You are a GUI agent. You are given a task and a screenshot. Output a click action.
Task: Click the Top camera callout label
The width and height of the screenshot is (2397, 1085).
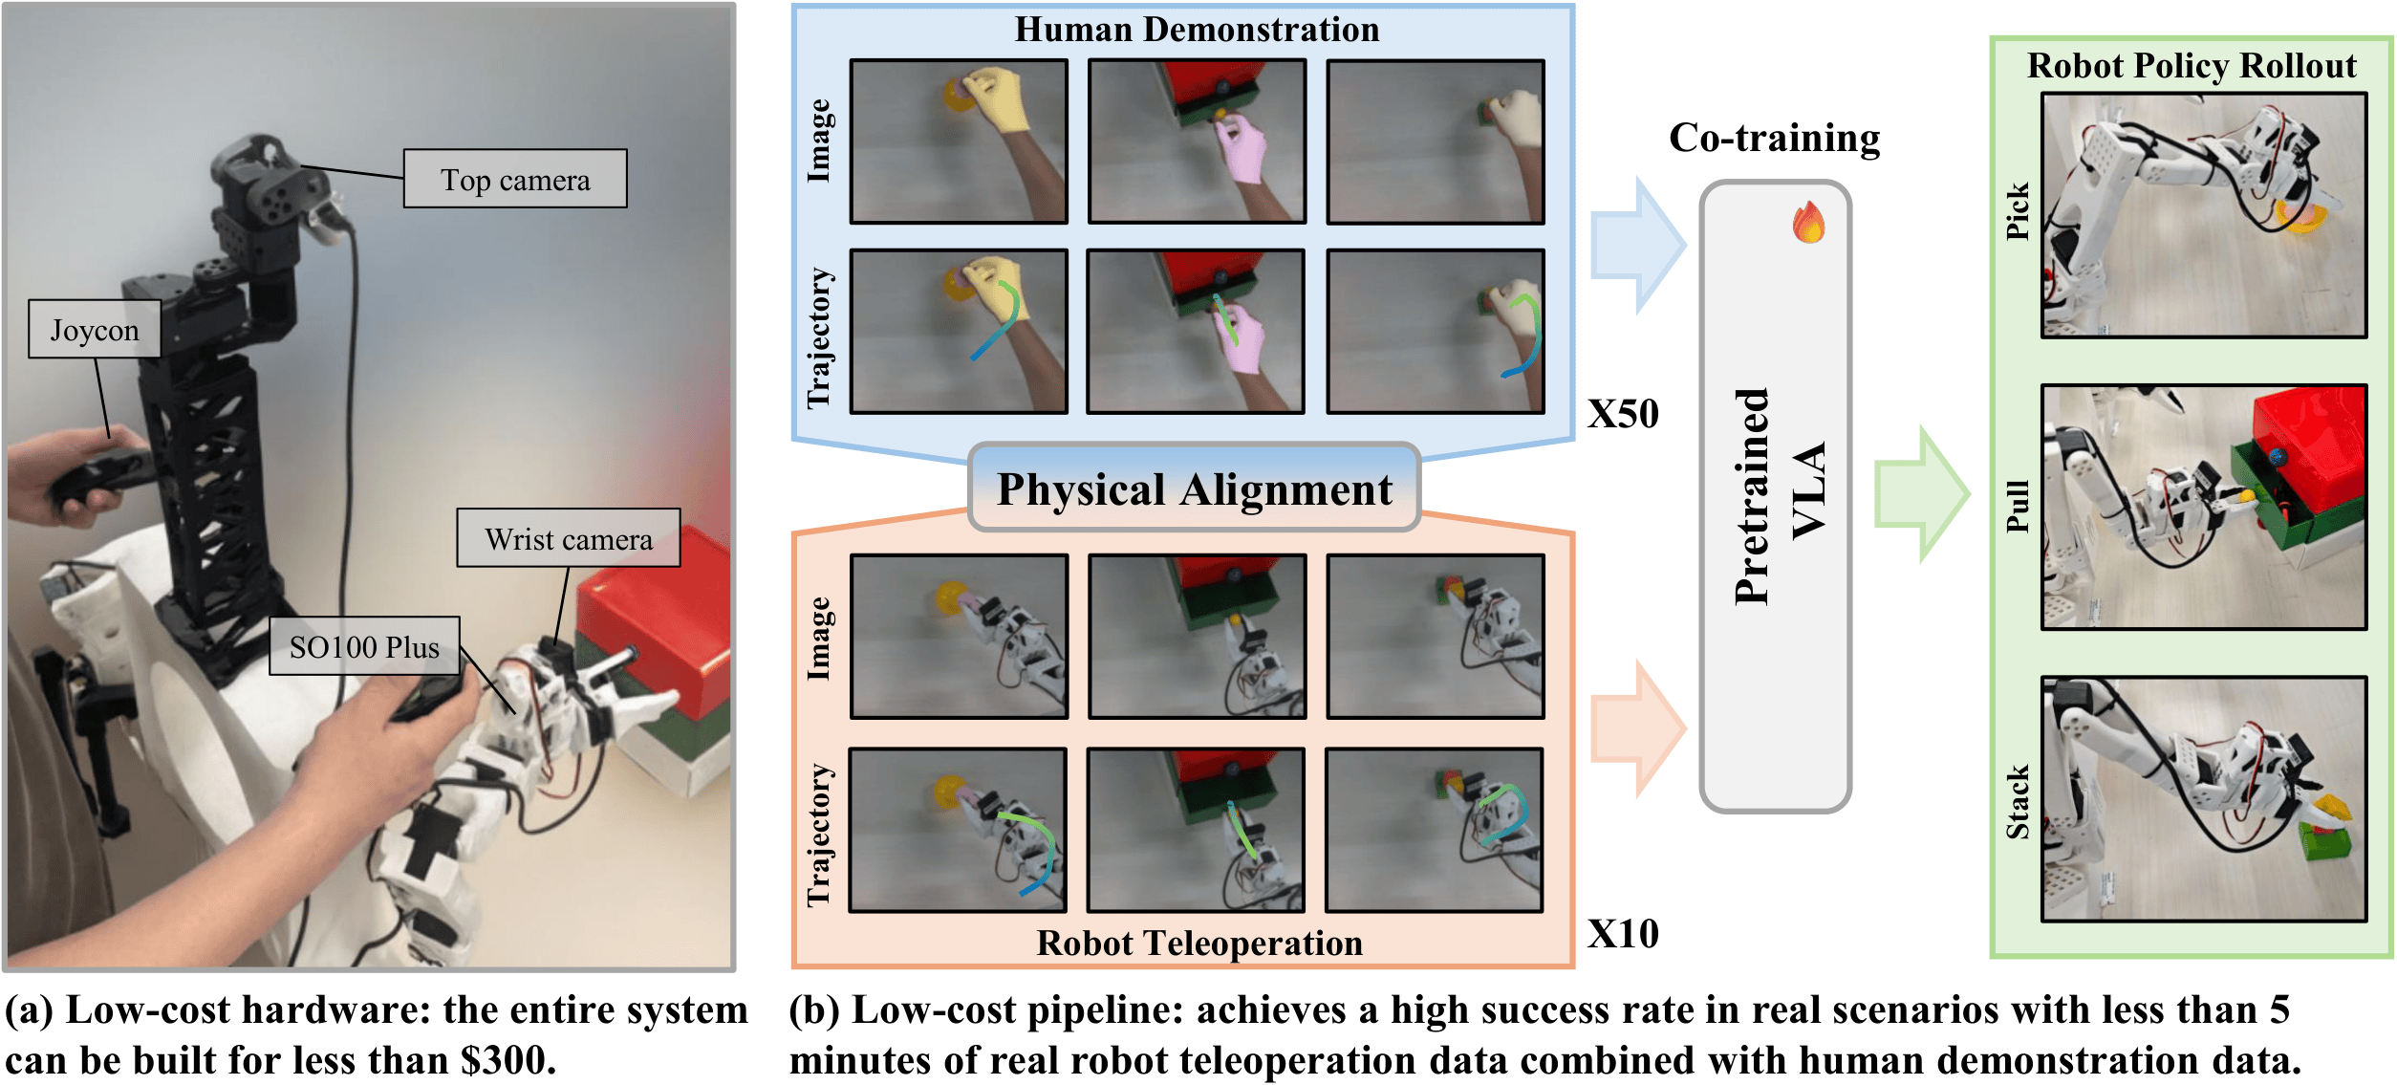[x=515, y=179]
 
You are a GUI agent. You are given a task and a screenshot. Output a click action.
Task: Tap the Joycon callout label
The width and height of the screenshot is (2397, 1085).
[x=94, y=330]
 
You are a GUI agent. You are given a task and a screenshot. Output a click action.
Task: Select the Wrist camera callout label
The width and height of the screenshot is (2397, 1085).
[x=568, y=538]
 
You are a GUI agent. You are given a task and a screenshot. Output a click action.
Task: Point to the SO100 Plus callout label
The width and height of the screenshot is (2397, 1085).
[x=364, y=646]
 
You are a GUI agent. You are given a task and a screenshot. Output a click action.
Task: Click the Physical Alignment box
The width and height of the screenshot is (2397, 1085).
[x=1194, y=488]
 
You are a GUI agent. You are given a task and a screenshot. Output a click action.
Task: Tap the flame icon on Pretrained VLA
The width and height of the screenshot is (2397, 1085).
[x=1807, y=223]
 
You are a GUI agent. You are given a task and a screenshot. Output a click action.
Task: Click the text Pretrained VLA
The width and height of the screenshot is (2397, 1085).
[x=1779, y=497]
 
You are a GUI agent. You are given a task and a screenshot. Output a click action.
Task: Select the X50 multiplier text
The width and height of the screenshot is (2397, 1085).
[x=1623, y=414]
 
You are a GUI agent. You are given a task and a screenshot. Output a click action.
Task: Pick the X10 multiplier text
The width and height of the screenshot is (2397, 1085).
[x=1623, y=934]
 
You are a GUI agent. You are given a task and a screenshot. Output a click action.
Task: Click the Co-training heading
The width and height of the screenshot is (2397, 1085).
[x=1774, y=139]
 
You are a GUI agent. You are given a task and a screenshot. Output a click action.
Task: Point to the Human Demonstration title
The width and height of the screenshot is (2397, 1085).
[x=1197, y=30]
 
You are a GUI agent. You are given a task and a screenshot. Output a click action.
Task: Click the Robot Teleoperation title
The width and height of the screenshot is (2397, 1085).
[x=1199, y=944]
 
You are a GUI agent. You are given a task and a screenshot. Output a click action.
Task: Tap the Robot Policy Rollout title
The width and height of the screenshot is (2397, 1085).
[x=2192, y=66]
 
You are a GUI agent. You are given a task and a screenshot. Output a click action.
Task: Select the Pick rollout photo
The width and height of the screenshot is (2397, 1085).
[x=2203, y=215]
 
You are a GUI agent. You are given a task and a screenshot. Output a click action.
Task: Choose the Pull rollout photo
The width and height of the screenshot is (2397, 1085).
[x=2203, y=507]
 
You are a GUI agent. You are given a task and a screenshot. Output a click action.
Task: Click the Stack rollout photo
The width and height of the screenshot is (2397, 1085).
[x=2203, y=799]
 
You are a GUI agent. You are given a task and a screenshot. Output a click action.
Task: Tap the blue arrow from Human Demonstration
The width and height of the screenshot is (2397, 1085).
[x=1637, y=246]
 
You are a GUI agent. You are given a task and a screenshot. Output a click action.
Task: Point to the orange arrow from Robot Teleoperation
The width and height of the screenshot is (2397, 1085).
[x=1637, y=728]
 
